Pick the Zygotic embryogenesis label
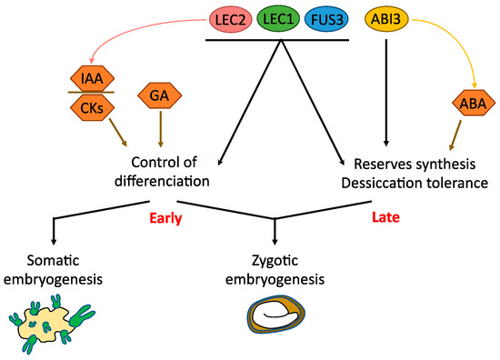277,270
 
